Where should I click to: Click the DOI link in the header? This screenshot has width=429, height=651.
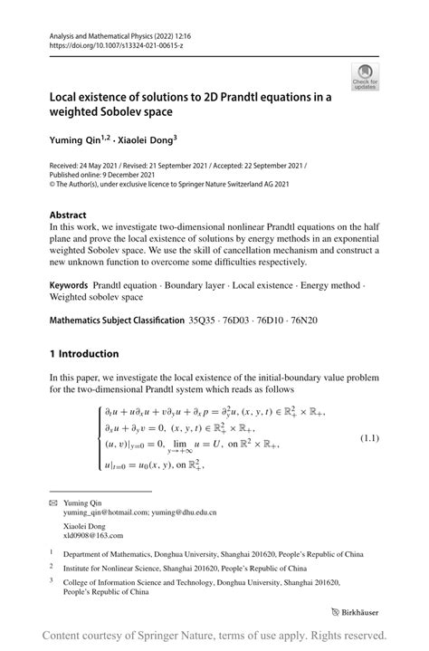115,43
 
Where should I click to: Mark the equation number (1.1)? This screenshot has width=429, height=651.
370,438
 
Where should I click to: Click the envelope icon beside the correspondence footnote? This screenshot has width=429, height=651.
53,501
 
